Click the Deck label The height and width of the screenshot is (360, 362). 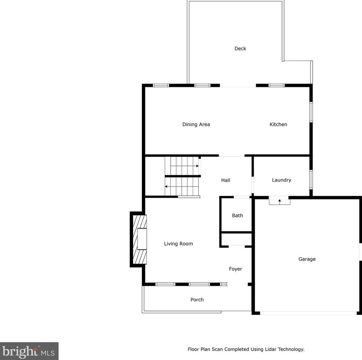[240, 49]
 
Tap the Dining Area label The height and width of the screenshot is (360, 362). [196, 124]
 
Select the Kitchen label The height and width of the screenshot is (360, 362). [278, 124]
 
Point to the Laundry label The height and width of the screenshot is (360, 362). [281, 180]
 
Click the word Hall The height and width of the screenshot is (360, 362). [225, 180]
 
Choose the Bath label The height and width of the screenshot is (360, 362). [237, 216]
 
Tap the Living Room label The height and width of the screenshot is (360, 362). [178, 244]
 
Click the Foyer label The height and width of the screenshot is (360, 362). [235, 269]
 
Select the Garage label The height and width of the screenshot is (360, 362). [307, 259]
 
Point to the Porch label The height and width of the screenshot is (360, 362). [197, 300]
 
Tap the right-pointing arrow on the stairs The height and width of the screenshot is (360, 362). [197, 166]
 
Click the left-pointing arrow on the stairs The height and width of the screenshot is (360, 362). [167, 187]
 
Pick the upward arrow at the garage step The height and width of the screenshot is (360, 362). [279, 200]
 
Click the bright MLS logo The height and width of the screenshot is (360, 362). [29, 351]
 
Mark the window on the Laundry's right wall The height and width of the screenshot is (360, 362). [311, 180]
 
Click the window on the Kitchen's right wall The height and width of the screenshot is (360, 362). [311, 112]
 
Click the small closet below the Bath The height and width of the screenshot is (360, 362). [237, 239]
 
